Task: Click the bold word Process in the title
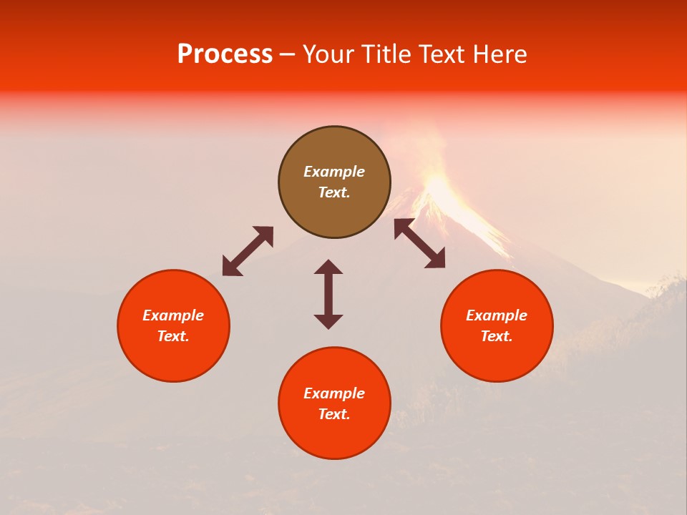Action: (225, 54)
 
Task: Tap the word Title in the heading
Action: (389, 54)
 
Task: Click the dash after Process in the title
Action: (288, 55)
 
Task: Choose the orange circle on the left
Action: (173, 325)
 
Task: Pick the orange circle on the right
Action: (497, 325)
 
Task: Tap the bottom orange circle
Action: (334, 403)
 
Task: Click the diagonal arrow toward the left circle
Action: (248, 251)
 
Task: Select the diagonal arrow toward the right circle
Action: (419, 243)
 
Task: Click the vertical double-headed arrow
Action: (328, 294)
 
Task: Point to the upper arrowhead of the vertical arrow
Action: (328, 266)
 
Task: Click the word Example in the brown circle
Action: (334, 172)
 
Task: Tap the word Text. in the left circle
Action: (173, 336)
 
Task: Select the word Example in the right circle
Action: (497, 315)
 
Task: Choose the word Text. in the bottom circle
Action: (334, 414)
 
